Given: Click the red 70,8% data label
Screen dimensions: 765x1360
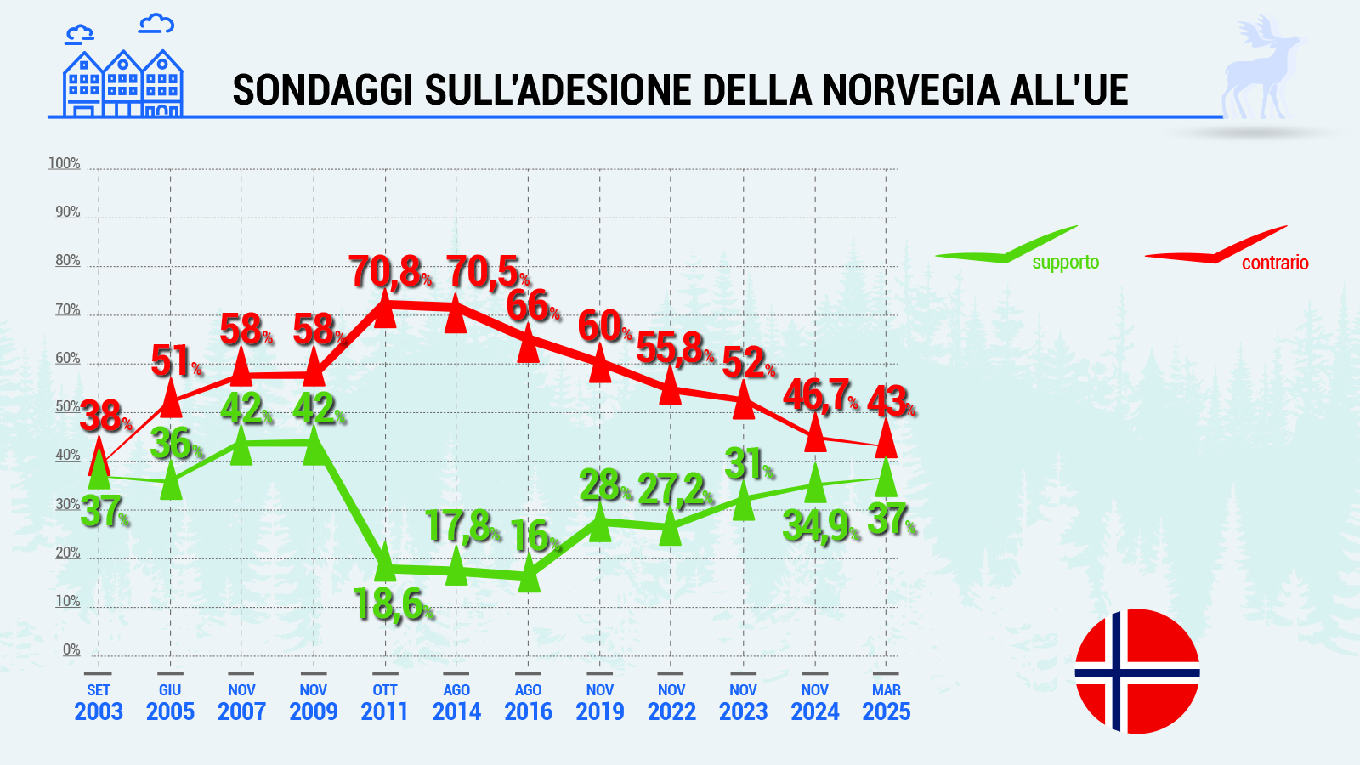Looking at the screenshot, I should point(390,272).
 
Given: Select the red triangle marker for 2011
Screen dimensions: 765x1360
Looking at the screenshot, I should point(385,311).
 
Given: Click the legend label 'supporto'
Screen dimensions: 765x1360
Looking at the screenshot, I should point(1065,263).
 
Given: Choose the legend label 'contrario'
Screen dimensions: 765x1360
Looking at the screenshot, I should point(1274,263).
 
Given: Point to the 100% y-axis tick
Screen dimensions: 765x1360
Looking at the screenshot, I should point(65,163).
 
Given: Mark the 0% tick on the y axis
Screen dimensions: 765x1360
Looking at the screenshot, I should point(71,649).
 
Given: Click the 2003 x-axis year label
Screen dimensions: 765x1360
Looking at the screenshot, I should point(99,711).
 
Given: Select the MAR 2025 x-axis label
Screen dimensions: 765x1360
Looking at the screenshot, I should point(887,703).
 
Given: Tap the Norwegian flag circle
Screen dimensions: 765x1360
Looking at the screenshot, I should point(1136,671).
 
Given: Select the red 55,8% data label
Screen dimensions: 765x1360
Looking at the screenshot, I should point(675,348).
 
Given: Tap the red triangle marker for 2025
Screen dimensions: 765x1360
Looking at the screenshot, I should point(887,440).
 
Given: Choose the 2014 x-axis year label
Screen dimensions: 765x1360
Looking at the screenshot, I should point(456,711).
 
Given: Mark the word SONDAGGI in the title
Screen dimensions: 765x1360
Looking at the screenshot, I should point(324,90).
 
